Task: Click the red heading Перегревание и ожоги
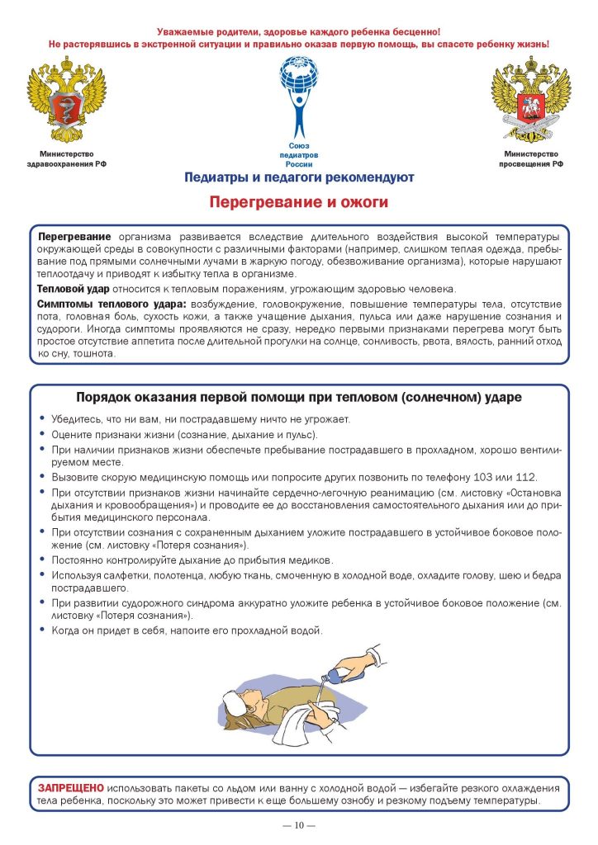tap(298, 201)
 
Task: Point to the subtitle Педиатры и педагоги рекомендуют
tap(299, 177)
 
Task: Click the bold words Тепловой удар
tap(74, 289)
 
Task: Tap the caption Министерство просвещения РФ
tap(530, 159)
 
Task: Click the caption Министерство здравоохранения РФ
tap(67, 159)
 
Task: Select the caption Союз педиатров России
tap(299, 155)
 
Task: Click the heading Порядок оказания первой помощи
tap(298, 397)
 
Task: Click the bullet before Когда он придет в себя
tap(41, 631)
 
